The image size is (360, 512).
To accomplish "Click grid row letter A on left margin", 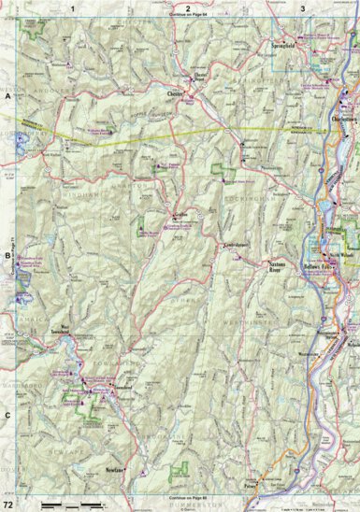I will coord(7,96).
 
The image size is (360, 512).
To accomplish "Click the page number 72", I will coord(9,504).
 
